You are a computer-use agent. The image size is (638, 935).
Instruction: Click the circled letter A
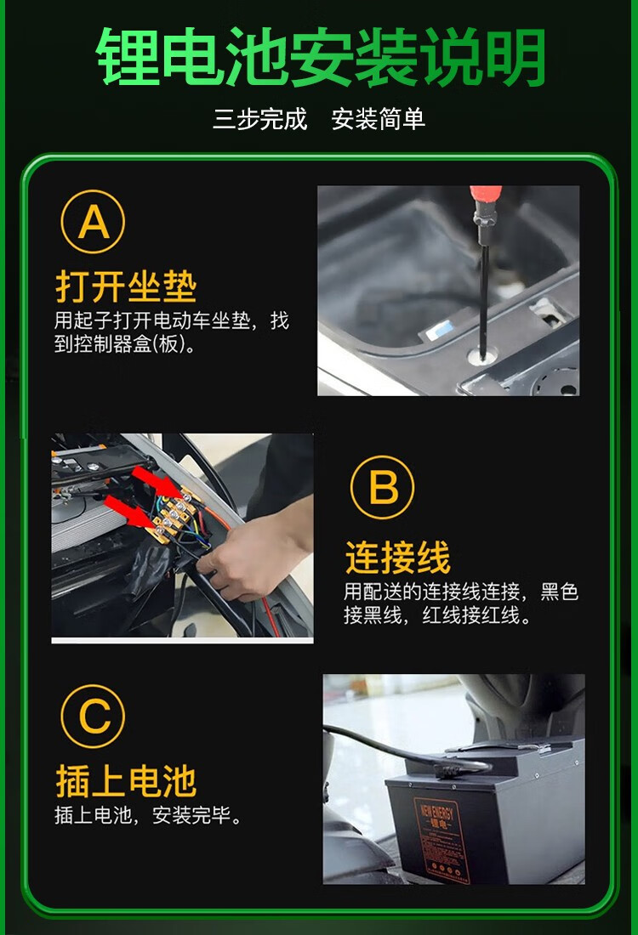[93, 221]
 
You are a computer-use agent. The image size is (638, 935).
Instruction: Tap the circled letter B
[382, 487]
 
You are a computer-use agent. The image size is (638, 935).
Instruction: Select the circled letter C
[93, 716]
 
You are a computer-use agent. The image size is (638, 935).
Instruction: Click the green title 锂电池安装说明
[321, 57]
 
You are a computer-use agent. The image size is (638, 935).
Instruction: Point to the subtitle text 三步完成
[259, 119]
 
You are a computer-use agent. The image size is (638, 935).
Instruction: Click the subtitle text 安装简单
[379, 119]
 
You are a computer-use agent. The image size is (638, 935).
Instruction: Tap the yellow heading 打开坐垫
[126, 286]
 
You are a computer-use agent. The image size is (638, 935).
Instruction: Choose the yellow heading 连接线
[398, 558]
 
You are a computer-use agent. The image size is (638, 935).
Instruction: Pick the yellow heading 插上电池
[126, 781]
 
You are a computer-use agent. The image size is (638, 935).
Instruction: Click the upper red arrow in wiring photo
[157, 482]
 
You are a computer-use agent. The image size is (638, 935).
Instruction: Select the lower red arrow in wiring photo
[129, 512]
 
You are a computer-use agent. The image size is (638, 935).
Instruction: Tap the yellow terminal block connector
[174, 515]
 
